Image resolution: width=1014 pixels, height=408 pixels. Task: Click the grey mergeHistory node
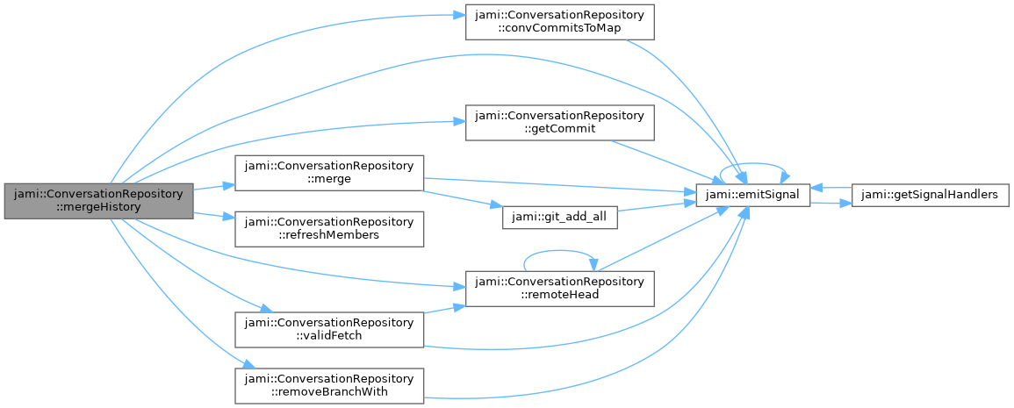coord(98,201)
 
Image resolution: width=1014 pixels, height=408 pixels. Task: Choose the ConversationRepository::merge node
coord(329,171)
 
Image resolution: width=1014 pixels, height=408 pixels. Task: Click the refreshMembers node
coord(329,228)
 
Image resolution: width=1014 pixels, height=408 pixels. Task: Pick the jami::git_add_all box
coord(559,218)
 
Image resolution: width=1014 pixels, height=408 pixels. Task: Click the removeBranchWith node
coord(329,385)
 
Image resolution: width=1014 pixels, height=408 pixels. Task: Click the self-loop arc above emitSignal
coord(752,164)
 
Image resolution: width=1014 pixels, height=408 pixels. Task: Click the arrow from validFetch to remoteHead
coord(444,310)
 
